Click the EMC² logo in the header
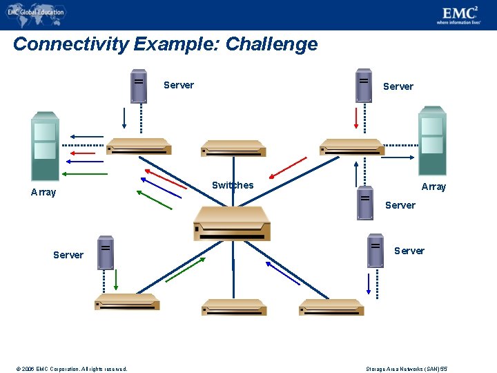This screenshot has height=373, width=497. pyautogui.click(x=458, y=14)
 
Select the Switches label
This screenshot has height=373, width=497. pyautogui.click(x=232, y=185)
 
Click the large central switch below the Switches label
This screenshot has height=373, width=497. pyautogui.click(x=231, y=223)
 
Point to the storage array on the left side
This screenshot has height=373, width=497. pyautogui.click(x=45, y=146)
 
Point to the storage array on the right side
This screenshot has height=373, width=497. pyautogui.click(x=433, y=141)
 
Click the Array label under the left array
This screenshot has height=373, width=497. pyautogui.click(x=43, y=192)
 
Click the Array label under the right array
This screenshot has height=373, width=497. pyautogui.click(x=433, y=186)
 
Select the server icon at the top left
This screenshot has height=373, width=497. pyautogui.click(x=139, y=86)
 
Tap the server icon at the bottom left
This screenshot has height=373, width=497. pyautogui.click(x=105, y=252)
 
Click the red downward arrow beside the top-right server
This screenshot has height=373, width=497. pyautogui.click(x=356, y=117)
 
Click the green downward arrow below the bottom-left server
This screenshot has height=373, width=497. pyautogui.click(x=116, y=279)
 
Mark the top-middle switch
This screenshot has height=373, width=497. pyautogui.click(x=233, y=149)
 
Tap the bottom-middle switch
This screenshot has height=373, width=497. pyautogui.click(x=233, y=307)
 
